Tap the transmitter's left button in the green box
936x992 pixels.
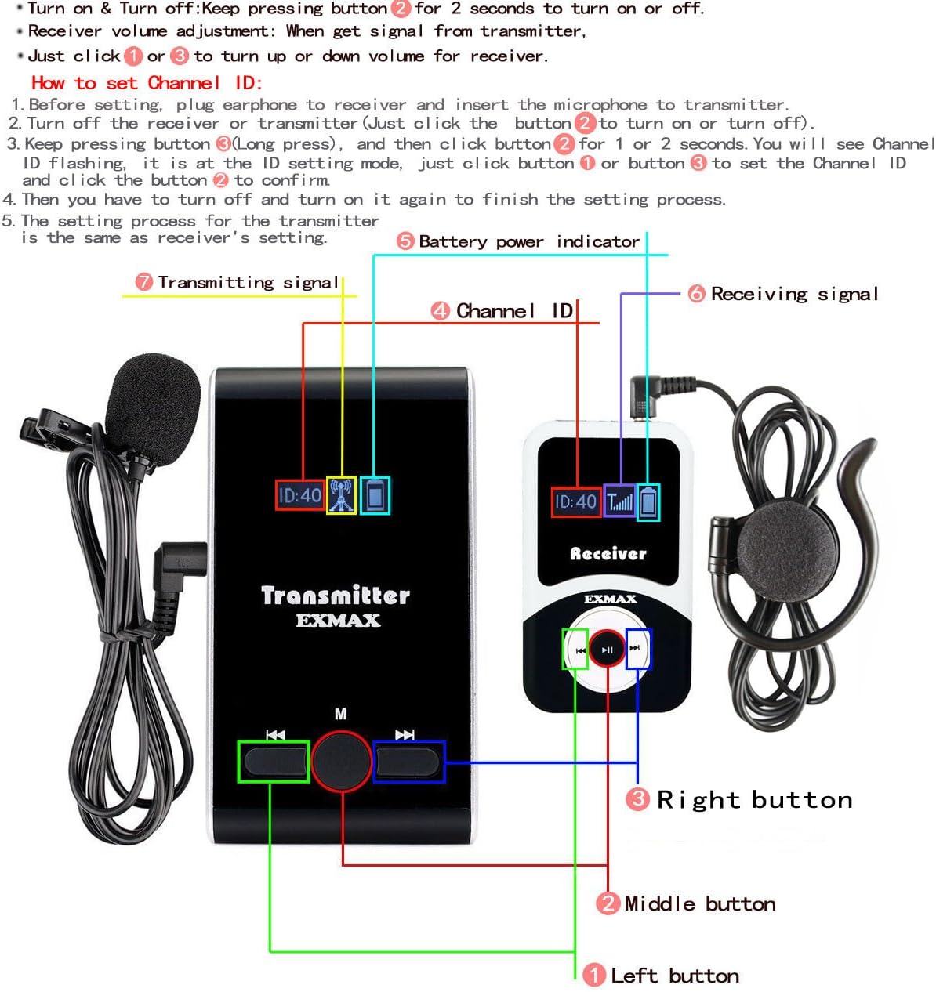(x=274, y=761)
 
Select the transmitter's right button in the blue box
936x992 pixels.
(x=408, y=761)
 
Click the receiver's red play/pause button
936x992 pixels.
(x=607, y=649)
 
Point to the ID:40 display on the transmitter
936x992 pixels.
(x=300, y=495)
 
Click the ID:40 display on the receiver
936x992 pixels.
(x=575, y=501)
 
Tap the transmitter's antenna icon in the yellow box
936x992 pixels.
(x=341, y=495)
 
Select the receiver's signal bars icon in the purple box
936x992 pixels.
(x=619, y=501)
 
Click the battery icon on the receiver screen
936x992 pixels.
(x=648, y=501)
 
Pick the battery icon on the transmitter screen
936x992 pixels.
(x=375, y=495)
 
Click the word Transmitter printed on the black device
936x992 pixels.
(x=336, y=596)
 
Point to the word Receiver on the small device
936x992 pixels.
(x=608, y=554)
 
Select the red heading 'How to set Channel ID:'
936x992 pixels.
(x=147, y=83)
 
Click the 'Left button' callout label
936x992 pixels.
(x=674, y=976)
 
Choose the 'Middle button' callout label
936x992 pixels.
(x=699, y=903)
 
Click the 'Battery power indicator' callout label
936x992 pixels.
(x=529, y=241)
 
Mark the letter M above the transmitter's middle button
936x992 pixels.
(x=340, y=714)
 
